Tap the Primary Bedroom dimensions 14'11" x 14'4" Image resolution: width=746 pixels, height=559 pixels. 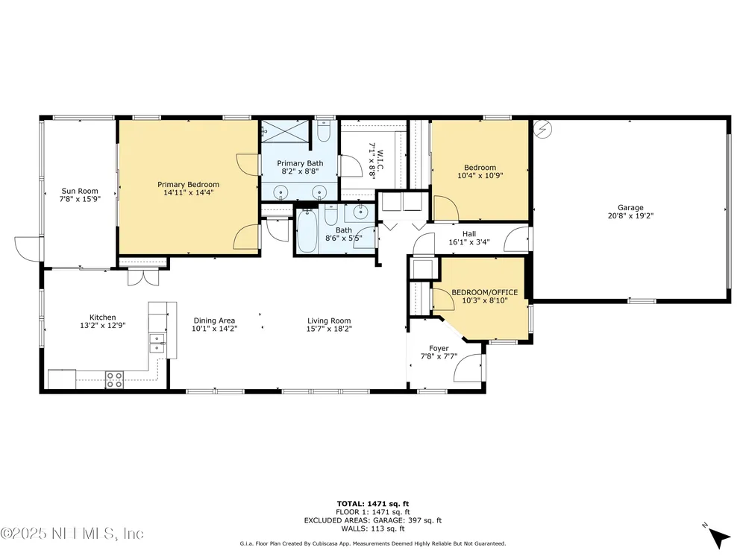(x=189, y=193)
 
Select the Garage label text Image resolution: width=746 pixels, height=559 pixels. (x=630, y=207)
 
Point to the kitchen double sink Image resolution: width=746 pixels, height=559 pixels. (x=157, y=343)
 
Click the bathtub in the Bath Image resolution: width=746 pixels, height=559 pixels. (x=307, y=232)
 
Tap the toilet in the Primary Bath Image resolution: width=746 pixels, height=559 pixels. (x=324, y=131)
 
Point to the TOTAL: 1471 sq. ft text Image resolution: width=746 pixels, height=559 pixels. (x=372, y=504)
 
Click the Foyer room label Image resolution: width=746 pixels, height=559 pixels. (x=439, y=348)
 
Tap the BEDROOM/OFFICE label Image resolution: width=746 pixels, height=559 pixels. (x=484, y=292)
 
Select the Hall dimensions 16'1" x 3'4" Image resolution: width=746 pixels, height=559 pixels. (x=469, y=242)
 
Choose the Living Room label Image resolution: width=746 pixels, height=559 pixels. (x=329, y=320)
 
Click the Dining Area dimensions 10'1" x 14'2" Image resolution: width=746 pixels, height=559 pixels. (x=214, y=329)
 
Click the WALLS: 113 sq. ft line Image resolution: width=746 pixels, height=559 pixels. (x=372, y=528)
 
